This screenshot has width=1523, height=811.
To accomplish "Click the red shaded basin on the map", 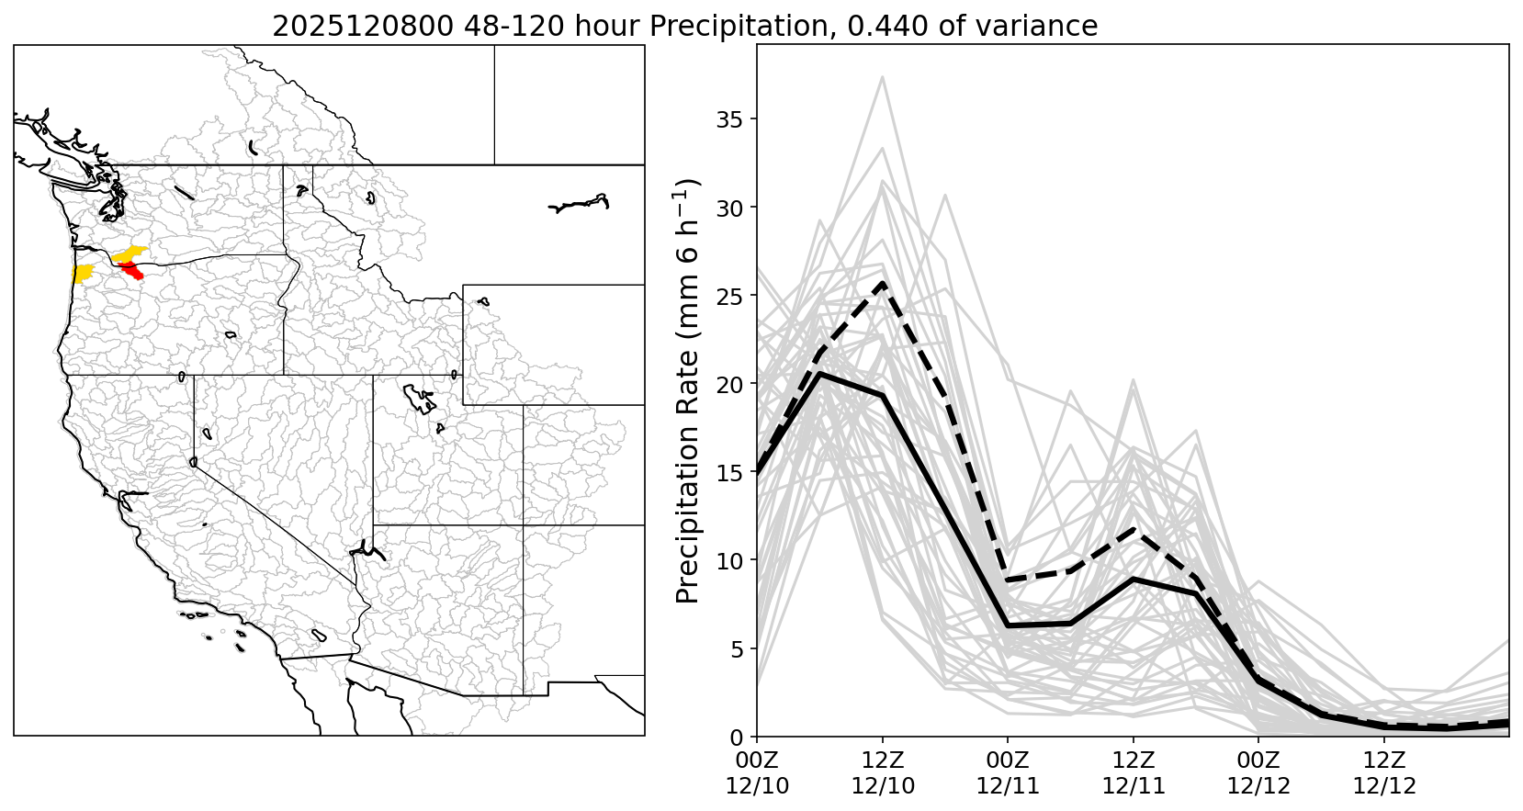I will (131, 269).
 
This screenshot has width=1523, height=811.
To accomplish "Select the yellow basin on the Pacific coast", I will (83, 273).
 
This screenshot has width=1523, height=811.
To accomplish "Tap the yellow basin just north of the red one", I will (131, 253).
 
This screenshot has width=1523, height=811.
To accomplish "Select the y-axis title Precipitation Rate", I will (689, 390).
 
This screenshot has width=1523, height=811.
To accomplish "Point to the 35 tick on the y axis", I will (726, 119).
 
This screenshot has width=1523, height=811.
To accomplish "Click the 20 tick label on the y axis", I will (726, 384).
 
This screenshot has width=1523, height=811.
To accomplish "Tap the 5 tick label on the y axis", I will (732, 649).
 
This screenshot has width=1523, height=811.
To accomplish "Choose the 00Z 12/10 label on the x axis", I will (757, 772).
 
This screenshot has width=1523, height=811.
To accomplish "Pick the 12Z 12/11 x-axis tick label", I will (1134, 772).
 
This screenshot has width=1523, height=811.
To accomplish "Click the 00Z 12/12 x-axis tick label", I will (1258, 772).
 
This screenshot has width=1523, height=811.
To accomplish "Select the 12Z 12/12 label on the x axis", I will (1384, 772).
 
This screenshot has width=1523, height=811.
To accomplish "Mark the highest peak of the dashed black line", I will (883, 283).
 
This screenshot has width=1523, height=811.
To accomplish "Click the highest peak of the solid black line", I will (820, 373).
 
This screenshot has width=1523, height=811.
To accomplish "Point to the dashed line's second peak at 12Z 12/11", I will (1134, 530).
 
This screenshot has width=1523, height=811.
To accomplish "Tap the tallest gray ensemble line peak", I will (883, 77).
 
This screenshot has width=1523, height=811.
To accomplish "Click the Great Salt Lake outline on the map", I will (420, 400).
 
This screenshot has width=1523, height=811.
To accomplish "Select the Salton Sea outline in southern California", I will (319, 635).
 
